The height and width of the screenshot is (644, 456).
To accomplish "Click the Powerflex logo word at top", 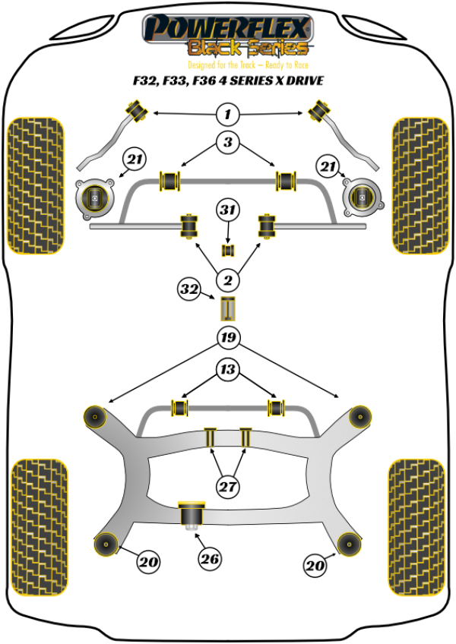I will coord(227,27).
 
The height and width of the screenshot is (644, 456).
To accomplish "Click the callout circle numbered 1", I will coord(226,115).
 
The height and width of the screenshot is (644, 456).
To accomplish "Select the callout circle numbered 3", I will coord(227,142).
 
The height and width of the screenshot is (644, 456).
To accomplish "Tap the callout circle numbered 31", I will coord(227,208).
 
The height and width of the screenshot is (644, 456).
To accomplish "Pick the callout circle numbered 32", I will coord(189,289).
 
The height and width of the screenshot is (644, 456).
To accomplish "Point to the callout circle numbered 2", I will coord(226,281).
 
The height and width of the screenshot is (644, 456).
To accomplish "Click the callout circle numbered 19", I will coord(226,337).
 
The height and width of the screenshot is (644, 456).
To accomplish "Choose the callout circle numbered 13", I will coord(226,371).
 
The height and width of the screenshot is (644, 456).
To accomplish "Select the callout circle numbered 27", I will coord(226,487).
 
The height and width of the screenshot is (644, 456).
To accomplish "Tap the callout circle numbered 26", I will coord(210,560).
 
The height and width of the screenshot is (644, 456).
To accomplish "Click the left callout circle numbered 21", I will coord(135,159).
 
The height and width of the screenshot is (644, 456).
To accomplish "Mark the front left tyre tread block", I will coord(34,185).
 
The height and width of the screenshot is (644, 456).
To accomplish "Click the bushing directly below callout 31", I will coord(227,250).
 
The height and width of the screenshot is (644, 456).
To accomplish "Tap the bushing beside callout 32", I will coord(227,309).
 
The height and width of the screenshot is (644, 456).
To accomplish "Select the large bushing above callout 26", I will coord(189,515).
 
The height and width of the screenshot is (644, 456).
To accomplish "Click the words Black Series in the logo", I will coord(248,49).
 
